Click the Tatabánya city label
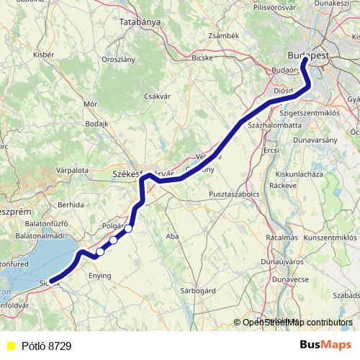click(140, 22)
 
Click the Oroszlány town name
click(118, 60)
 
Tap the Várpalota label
click(72, 170)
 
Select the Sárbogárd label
click(198, 291)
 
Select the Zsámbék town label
click(222, 35)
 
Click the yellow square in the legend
click(10, 346)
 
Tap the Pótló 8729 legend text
click(46, 346)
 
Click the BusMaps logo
click(326, 346)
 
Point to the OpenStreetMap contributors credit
click(297, 323)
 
